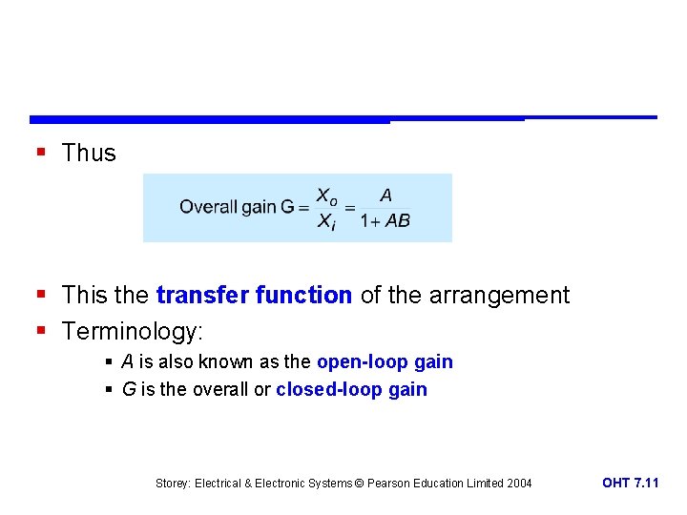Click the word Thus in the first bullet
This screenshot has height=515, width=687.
tap(89, 153)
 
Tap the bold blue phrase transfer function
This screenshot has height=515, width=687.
tap(254, 296)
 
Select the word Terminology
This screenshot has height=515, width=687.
tap(131, 332)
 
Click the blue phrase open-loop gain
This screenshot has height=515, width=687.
tap(385, 362)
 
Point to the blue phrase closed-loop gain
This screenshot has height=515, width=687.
tap(351, 389)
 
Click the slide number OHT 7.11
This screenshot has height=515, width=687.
tap(630, 484)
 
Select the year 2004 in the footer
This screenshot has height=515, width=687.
tap(518, 484)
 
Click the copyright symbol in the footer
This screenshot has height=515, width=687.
tap(359, 484)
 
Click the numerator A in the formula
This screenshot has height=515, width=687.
tap(385, 196)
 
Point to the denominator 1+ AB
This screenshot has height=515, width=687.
tap(385, 220)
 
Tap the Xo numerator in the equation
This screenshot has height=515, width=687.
tap(326, 196)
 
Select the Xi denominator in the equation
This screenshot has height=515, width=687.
tap(326, 221)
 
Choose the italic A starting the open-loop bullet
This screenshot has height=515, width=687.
tap(127, 362)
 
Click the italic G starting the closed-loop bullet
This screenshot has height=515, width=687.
tap(128, 389)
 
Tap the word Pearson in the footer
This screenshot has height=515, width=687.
tap(390, 484)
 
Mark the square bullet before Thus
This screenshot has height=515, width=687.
tap(39, 153)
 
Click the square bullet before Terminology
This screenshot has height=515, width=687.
tap(39, 332)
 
